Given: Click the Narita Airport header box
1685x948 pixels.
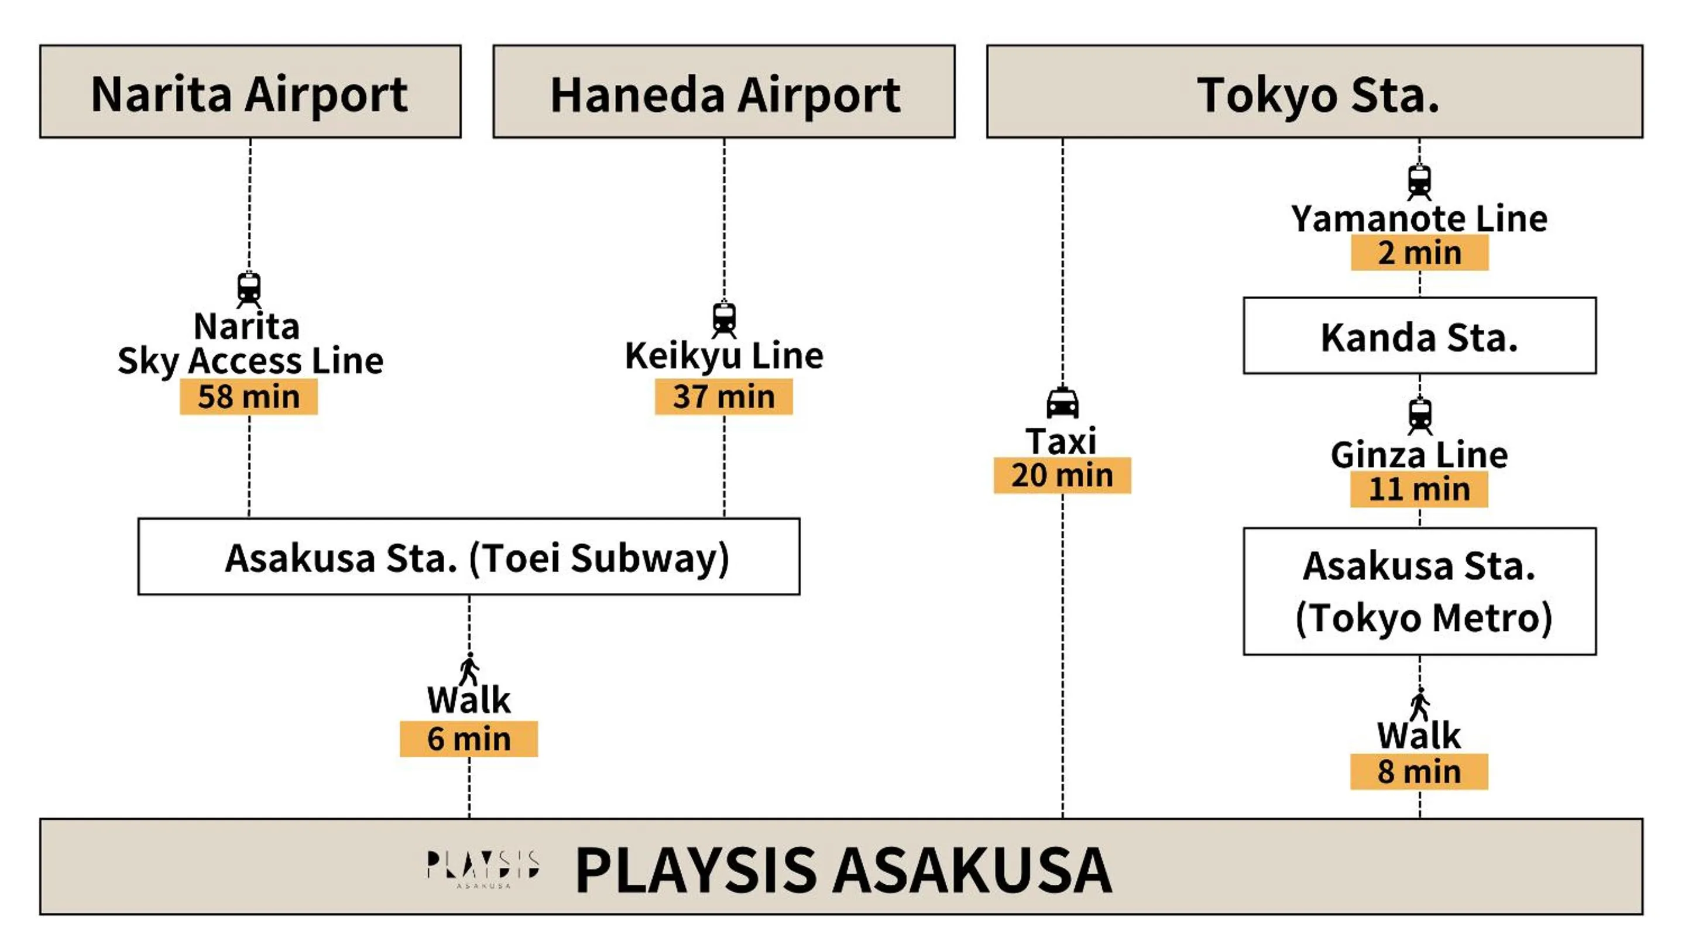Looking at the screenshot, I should click(250, 91).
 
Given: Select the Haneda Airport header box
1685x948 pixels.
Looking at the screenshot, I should click(723, 91).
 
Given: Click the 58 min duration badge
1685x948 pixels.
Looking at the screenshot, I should click(249, 397).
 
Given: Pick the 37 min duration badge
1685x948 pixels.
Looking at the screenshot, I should click(723, 397).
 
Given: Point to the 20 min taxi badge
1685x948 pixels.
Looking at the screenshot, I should click(1062, 475).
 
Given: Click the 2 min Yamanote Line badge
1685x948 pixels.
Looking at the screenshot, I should click(1419, 253).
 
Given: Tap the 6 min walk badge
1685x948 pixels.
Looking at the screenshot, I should click(468, 740).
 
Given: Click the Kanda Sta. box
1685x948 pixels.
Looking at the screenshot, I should click(1419, 336).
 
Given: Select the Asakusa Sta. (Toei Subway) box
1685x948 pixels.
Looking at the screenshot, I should click(468, 557).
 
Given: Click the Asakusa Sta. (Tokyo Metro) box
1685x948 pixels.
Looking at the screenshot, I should click(1419, 592).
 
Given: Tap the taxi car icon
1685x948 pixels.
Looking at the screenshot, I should click(1062, 403).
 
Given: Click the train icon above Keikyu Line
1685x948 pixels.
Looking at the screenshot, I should click(723, 319).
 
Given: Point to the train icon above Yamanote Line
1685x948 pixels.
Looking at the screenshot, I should click(1419, 182).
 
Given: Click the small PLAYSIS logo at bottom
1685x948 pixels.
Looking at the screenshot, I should click(483, 868).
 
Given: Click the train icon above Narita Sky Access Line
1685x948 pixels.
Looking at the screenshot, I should click(249, 289).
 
